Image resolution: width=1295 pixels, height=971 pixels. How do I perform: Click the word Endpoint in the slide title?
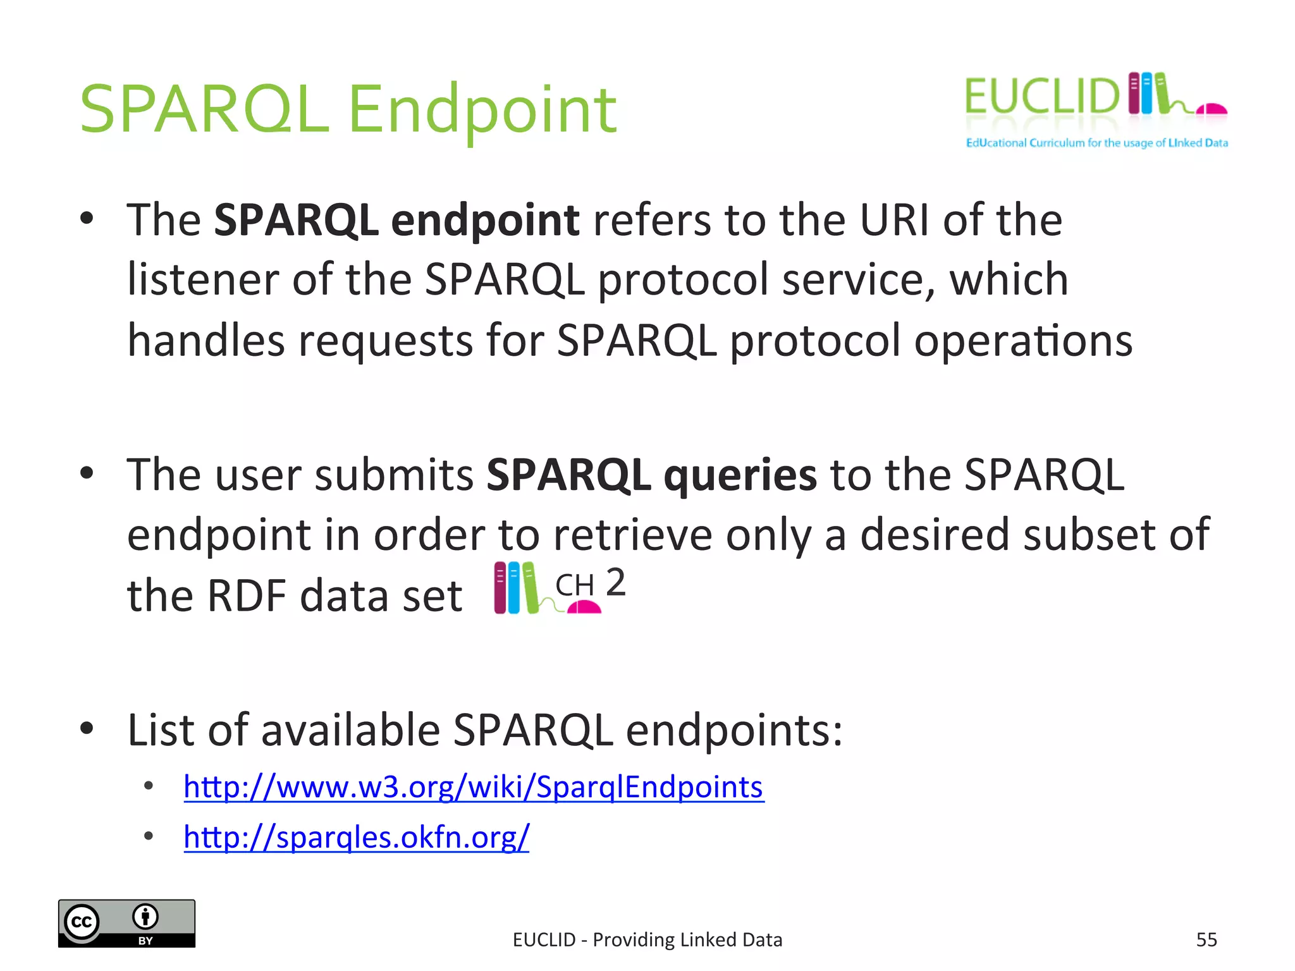click(x=482, y=111)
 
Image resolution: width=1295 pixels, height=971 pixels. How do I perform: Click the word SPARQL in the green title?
click(x=204, y=111)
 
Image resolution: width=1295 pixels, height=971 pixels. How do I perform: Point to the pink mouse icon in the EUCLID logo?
click(x=1212, y=110)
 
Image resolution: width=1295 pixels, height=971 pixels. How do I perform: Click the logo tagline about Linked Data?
click(x=1096, y=144)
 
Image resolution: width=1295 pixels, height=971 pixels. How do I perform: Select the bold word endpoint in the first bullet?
click(x=485, y=221)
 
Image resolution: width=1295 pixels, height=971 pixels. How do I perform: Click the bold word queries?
click(x=740, y=475)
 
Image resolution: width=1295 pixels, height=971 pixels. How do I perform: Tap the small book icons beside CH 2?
click(x=515, y=588)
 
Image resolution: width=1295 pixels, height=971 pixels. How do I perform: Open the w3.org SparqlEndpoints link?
click(x=473, y=788)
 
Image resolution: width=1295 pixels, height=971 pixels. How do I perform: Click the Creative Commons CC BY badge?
click(x=126, y=923)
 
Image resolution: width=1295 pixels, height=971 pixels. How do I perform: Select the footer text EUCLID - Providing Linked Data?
click(x=647, y=940)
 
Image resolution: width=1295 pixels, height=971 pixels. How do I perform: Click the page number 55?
click(x=1206, y=940)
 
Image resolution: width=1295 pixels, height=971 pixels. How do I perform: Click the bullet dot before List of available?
click(x=87, y=728)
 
